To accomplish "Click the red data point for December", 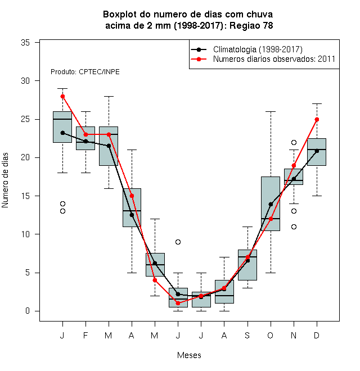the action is coord(317,120).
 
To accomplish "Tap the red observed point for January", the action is coord(62,96).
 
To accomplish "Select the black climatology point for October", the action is coord(271,204).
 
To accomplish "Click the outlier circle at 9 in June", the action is coord(178,242).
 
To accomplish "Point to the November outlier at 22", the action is coord(294,142).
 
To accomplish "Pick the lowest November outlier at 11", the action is coord(294,227).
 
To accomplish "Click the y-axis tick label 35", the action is coord(25,43).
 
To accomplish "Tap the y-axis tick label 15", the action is coord(25,196).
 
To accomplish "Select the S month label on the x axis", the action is coord(247,335).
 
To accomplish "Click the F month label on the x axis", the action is coord(85,335).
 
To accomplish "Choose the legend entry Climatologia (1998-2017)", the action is coord(258,49).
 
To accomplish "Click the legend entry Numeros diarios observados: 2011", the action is coord(274,59).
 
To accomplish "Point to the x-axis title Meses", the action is coord(189,355).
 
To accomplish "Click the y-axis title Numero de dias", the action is coord(5,180).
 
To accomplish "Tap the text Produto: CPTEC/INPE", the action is coord(85,72).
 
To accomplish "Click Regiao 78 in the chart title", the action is coord(251,25).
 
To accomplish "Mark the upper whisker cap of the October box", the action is coord(271,111).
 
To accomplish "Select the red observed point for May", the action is coord(155,280).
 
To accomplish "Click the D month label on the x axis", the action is coord(317,335).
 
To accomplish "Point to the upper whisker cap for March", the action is coord(109,96).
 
